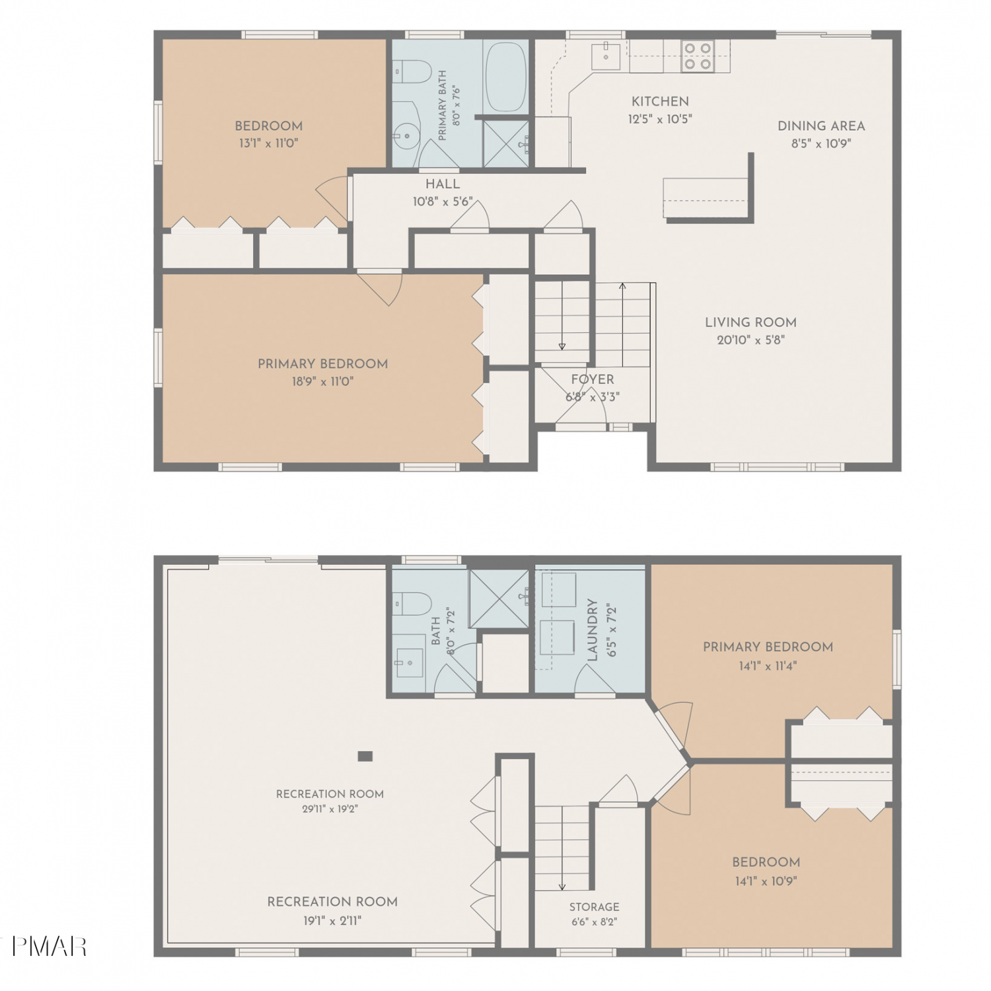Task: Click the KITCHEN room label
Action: click(660, 101)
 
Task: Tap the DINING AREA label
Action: click(821, 126)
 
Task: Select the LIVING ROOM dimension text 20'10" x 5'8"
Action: click(751, 340)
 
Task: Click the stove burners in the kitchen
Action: click(698, 55)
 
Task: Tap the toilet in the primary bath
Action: click(412, 69)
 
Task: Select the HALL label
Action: click(443, 184)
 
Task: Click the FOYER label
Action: click(593, 379)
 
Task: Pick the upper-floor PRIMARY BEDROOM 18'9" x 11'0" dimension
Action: click(322, 381)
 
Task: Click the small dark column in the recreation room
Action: click(365, 756)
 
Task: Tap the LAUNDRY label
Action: click(592, 630)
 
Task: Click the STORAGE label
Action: click(595, 906)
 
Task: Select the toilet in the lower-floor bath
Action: click(412, 603)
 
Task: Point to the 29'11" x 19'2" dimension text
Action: click(330, 809)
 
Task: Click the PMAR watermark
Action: click(49, 947)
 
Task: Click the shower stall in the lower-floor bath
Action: click(499, 598)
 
